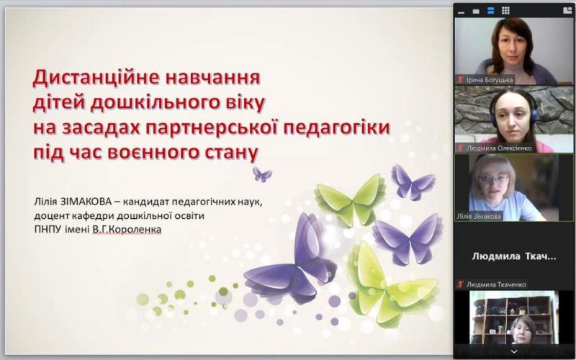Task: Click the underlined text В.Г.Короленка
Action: pyautogui.click(x=127, y=230)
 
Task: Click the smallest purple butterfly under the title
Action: pyautogui.click(x=262, y=174)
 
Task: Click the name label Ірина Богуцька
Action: pyautogui.click(x=490, y=80)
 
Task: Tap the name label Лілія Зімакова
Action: pyautogui.click(x=479, y=217)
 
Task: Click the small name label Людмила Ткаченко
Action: pyautogui.click(x=496, y=284)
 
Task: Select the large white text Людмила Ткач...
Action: pyautogui.click(x=513, y=256)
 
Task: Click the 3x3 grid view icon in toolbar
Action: pyautogui.click(x=505, y=10)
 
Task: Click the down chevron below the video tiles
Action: pyautogui.click(x=513, y=352)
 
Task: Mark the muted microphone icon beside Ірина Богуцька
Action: pyautogui.click(x=460, y=80)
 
